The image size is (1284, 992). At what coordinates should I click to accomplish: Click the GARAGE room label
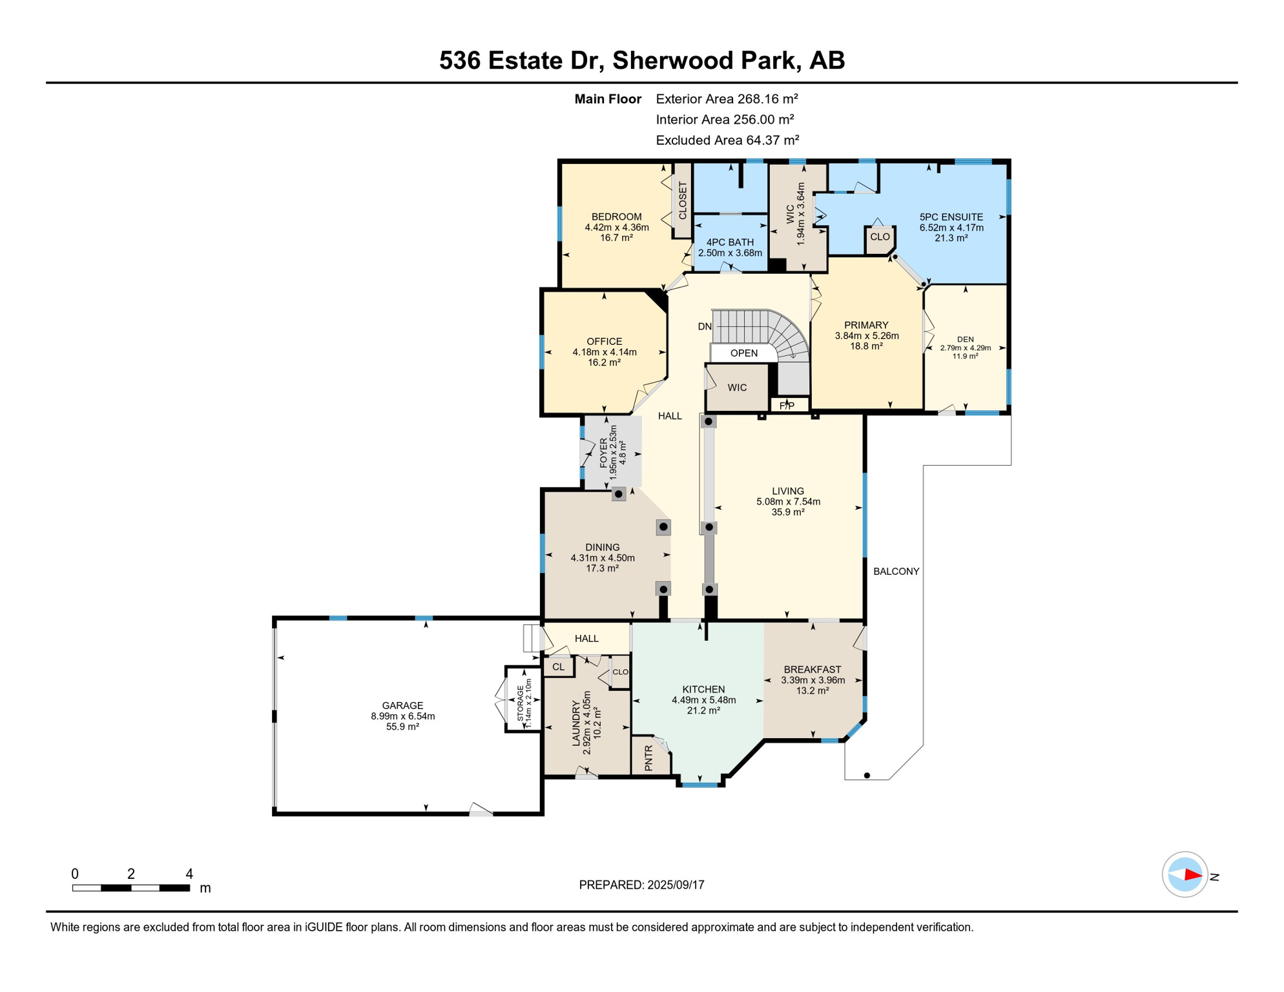402,705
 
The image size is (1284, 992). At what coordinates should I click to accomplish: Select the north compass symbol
1185,874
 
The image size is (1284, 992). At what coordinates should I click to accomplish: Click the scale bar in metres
131,888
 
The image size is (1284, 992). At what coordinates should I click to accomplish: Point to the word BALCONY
896,571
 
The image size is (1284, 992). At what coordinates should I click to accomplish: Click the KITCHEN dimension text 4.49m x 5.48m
703,700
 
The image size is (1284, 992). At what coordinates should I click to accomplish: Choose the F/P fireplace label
787,406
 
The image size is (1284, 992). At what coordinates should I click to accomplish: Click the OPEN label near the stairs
744,353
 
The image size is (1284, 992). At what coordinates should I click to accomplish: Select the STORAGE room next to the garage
523,699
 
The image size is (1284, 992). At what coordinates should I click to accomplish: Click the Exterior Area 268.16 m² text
727,99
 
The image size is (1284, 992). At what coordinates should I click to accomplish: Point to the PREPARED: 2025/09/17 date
641,885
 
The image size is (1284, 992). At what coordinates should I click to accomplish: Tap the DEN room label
965,339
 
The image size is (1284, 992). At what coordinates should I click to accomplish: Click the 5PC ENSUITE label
951,217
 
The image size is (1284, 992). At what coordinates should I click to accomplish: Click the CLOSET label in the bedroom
683,200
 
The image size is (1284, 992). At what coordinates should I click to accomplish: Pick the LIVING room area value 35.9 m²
788,512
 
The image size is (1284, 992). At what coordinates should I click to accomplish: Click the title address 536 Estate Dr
521,61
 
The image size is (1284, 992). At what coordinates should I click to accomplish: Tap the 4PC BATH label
730,242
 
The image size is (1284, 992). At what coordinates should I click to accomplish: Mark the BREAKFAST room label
813,670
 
